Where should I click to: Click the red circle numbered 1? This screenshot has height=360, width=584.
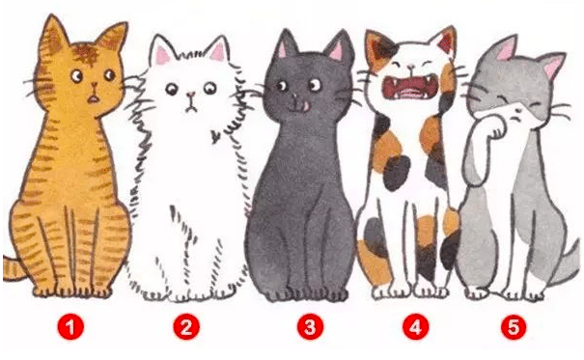pos(70,327)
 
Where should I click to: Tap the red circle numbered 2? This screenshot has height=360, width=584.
pos(186,327)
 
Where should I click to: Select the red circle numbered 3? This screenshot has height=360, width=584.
pos(310,327)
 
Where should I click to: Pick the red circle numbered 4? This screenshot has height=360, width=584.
pos(416,327)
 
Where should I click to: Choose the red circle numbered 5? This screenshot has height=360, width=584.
pos(514,327)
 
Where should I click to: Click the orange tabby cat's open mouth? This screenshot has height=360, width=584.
pos(93,99)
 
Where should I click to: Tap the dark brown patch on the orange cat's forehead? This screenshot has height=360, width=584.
pos(88,54)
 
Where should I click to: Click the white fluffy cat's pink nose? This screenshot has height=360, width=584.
pos(191,95)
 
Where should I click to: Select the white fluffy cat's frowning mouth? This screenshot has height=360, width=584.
pos(191,107)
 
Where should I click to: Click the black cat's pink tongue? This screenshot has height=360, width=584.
pos(305,106)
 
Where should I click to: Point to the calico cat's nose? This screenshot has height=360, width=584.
pos(410,68)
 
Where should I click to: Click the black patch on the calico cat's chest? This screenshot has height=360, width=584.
pos(397,173)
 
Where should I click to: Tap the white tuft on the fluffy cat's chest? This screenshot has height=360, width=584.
pos(214,137)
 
